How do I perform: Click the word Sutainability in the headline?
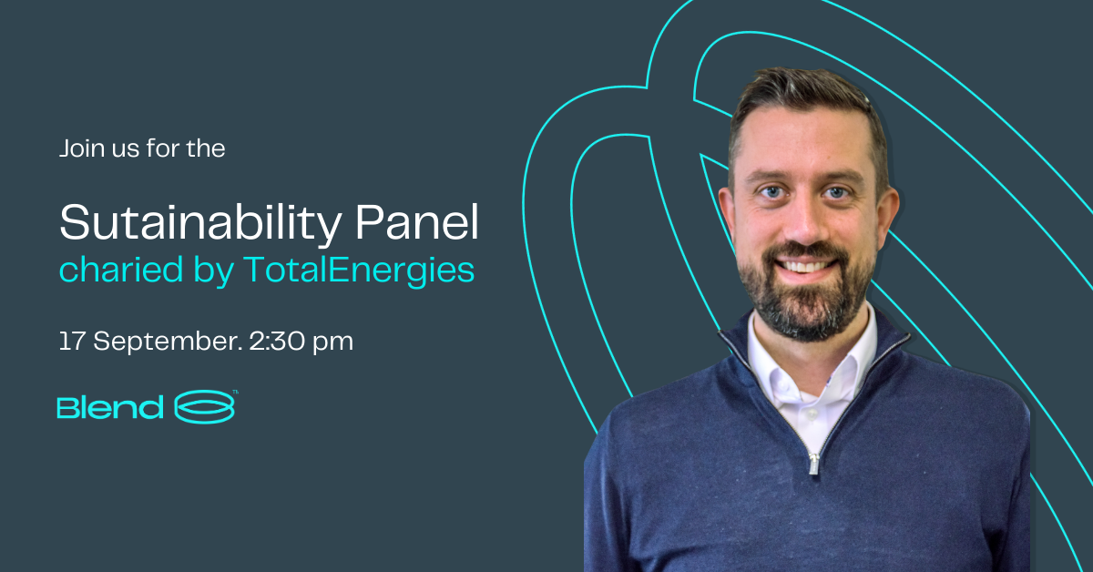(x=200, y=223)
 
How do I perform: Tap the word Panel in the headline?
(x=417, y=222)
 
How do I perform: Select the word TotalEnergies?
(x=359, y=270)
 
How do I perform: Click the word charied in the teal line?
(x=121, y=269)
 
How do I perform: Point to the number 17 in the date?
(x=72, y=341)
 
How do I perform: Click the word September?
(x=168, y=342)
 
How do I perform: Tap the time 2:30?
(x=277, y=341)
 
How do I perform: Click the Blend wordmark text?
(x=110, y=407)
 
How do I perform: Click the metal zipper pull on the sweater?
(x=814, y=464)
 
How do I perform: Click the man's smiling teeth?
(x=805, y=267)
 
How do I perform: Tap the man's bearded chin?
(x=808, y=312)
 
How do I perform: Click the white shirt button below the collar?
(x=811, y=414)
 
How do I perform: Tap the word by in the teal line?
(x=214, y=270)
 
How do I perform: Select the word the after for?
(x=206, y=148)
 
